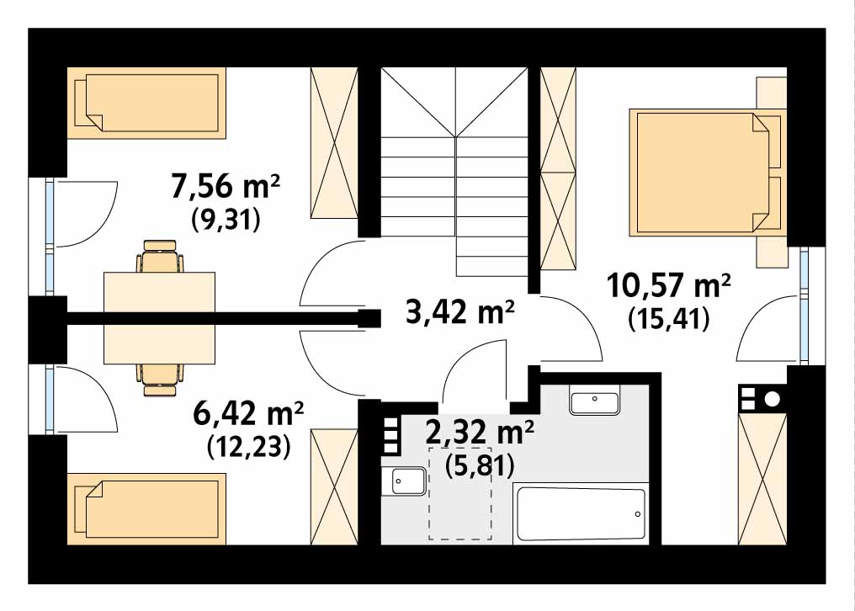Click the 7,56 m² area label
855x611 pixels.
pyautogui.click(x=226, y=187)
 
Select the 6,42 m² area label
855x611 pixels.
pyautogui.click(x=248, y=414)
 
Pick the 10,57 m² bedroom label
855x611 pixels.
pyautogui.click(x=668, y=285)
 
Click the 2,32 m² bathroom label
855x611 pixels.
pyautogui.click(x=480, y=433)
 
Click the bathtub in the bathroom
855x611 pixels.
pyautogui.click(x=581, y=514)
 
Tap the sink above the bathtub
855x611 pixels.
pyautogui.click(x=594, y=402)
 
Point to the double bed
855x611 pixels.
pyautogui.click(x=708, y=173)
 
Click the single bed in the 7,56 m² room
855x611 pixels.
pyautogui.click(x=146, y=103)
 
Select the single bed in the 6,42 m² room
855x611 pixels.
pyautogui.click(x=146, y=508)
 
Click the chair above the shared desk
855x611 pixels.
pyautogui.click(x=160, y=256)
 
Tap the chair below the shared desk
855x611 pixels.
pyautogui.click(x=160, y=380)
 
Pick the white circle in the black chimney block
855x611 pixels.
pyautogui.click(x=773, y=399)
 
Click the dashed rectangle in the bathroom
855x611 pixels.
pyautogui.click(x=460, y=493)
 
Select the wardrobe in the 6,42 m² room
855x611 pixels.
pyautogui.click(x=334, y=486)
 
